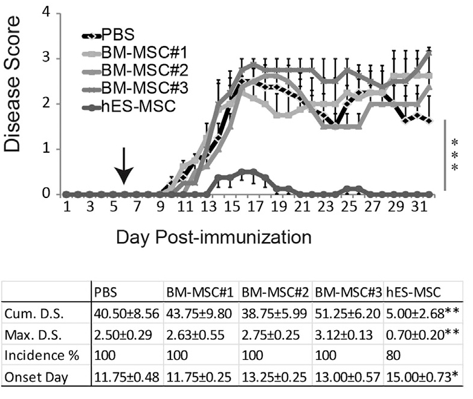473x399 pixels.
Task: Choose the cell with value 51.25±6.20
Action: pos(349,314)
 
